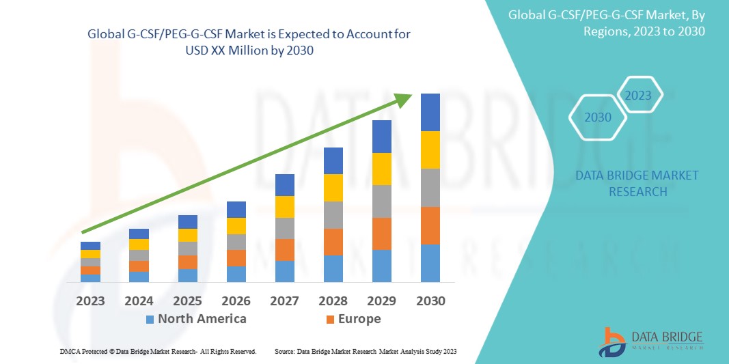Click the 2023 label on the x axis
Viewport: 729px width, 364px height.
(90, 300)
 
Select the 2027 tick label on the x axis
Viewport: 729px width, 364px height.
(285, 300)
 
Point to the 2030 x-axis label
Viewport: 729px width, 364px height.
(430, 300)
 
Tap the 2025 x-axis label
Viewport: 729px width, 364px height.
(188, 300)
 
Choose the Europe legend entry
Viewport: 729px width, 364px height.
(353, 319)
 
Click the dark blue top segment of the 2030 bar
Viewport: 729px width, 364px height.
(430, 112)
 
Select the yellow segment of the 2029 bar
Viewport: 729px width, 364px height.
(381, 169)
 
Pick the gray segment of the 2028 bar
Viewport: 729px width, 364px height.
(333, 214)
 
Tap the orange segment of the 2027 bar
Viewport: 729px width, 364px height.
(285, 249)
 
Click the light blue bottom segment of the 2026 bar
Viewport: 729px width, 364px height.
(236, 274)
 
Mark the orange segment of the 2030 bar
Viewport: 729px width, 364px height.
(430, 225)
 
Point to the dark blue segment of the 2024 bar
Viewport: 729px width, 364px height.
(139, 234)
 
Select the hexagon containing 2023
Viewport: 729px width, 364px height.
(639, 95)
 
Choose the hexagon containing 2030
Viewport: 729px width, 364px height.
(599, 117)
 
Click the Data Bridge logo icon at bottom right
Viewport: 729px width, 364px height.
(612, 342)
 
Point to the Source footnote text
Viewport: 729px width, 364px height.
(366, 351)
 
